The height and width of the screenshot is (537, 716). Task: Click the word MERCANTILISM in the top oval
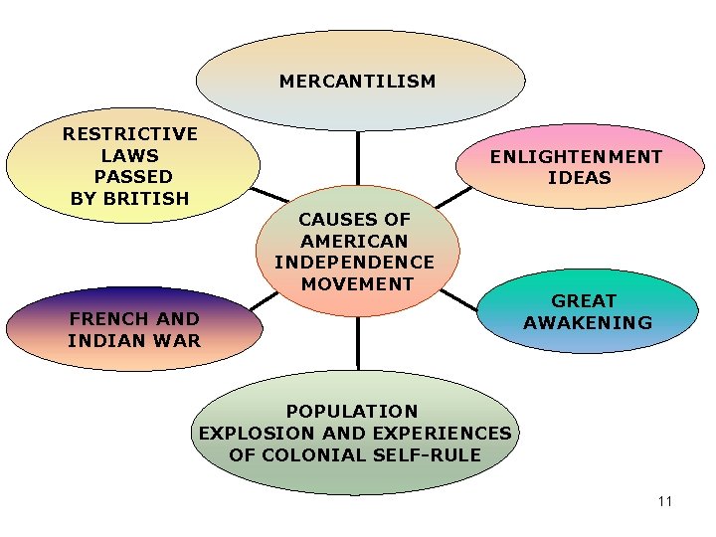(357, 82)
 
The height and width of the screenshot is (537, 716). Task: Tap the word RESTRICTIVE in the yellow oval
(130, 134)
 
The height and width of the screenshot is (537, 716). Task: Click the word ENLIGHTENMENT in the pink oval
(576, 157)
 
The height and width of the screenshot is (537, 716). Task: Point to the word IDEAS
(579, 179)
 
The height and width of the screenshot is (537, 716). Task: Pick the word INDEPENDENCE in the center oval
(354, 263)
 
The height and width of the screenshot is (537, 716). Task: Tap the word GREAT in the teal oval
(584, 300)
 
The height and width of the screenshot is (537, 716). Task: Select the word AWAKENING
(588, 322)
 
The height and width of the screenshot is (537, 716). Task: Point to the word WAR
(180, 341)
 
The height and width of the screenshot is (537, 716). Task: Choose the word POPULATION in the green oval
(352, 411)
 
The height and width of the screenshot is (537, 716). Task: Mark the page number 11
(665, 501)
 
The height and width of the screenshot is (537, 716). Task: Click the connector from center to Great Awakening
(459, 298)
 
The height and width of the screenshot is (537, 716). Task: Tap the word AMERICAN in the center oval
(354, 241)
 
